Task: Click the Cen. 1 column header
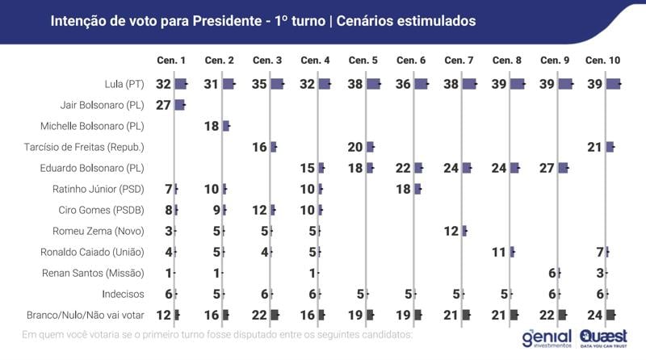(x=170, y=61)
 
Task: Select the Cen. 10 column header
(x=602, y=61)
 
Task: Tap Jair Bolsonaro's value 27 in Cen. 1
(x=163, y=105)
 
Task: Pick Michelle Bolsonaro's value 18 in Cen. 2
(x=211, y=126)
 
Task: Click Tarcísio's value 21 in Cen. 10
(x=595, y=147)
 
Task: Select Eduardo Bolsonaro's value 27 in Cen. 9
(x=547, y=168)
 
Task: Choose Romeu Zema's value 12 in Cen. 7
(x=451, y=231)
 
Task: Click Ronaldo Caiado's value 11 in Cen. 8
(x=499, y=252)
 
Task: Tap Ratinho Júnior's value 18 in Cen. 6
(x=404, y=189)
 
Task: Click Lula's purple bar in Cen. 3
(x=278, y=84)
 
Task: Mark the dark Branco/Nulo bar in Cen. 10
(x=611, y=315)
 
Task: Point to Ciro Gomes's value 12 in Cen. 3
(x=259, y=210)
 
